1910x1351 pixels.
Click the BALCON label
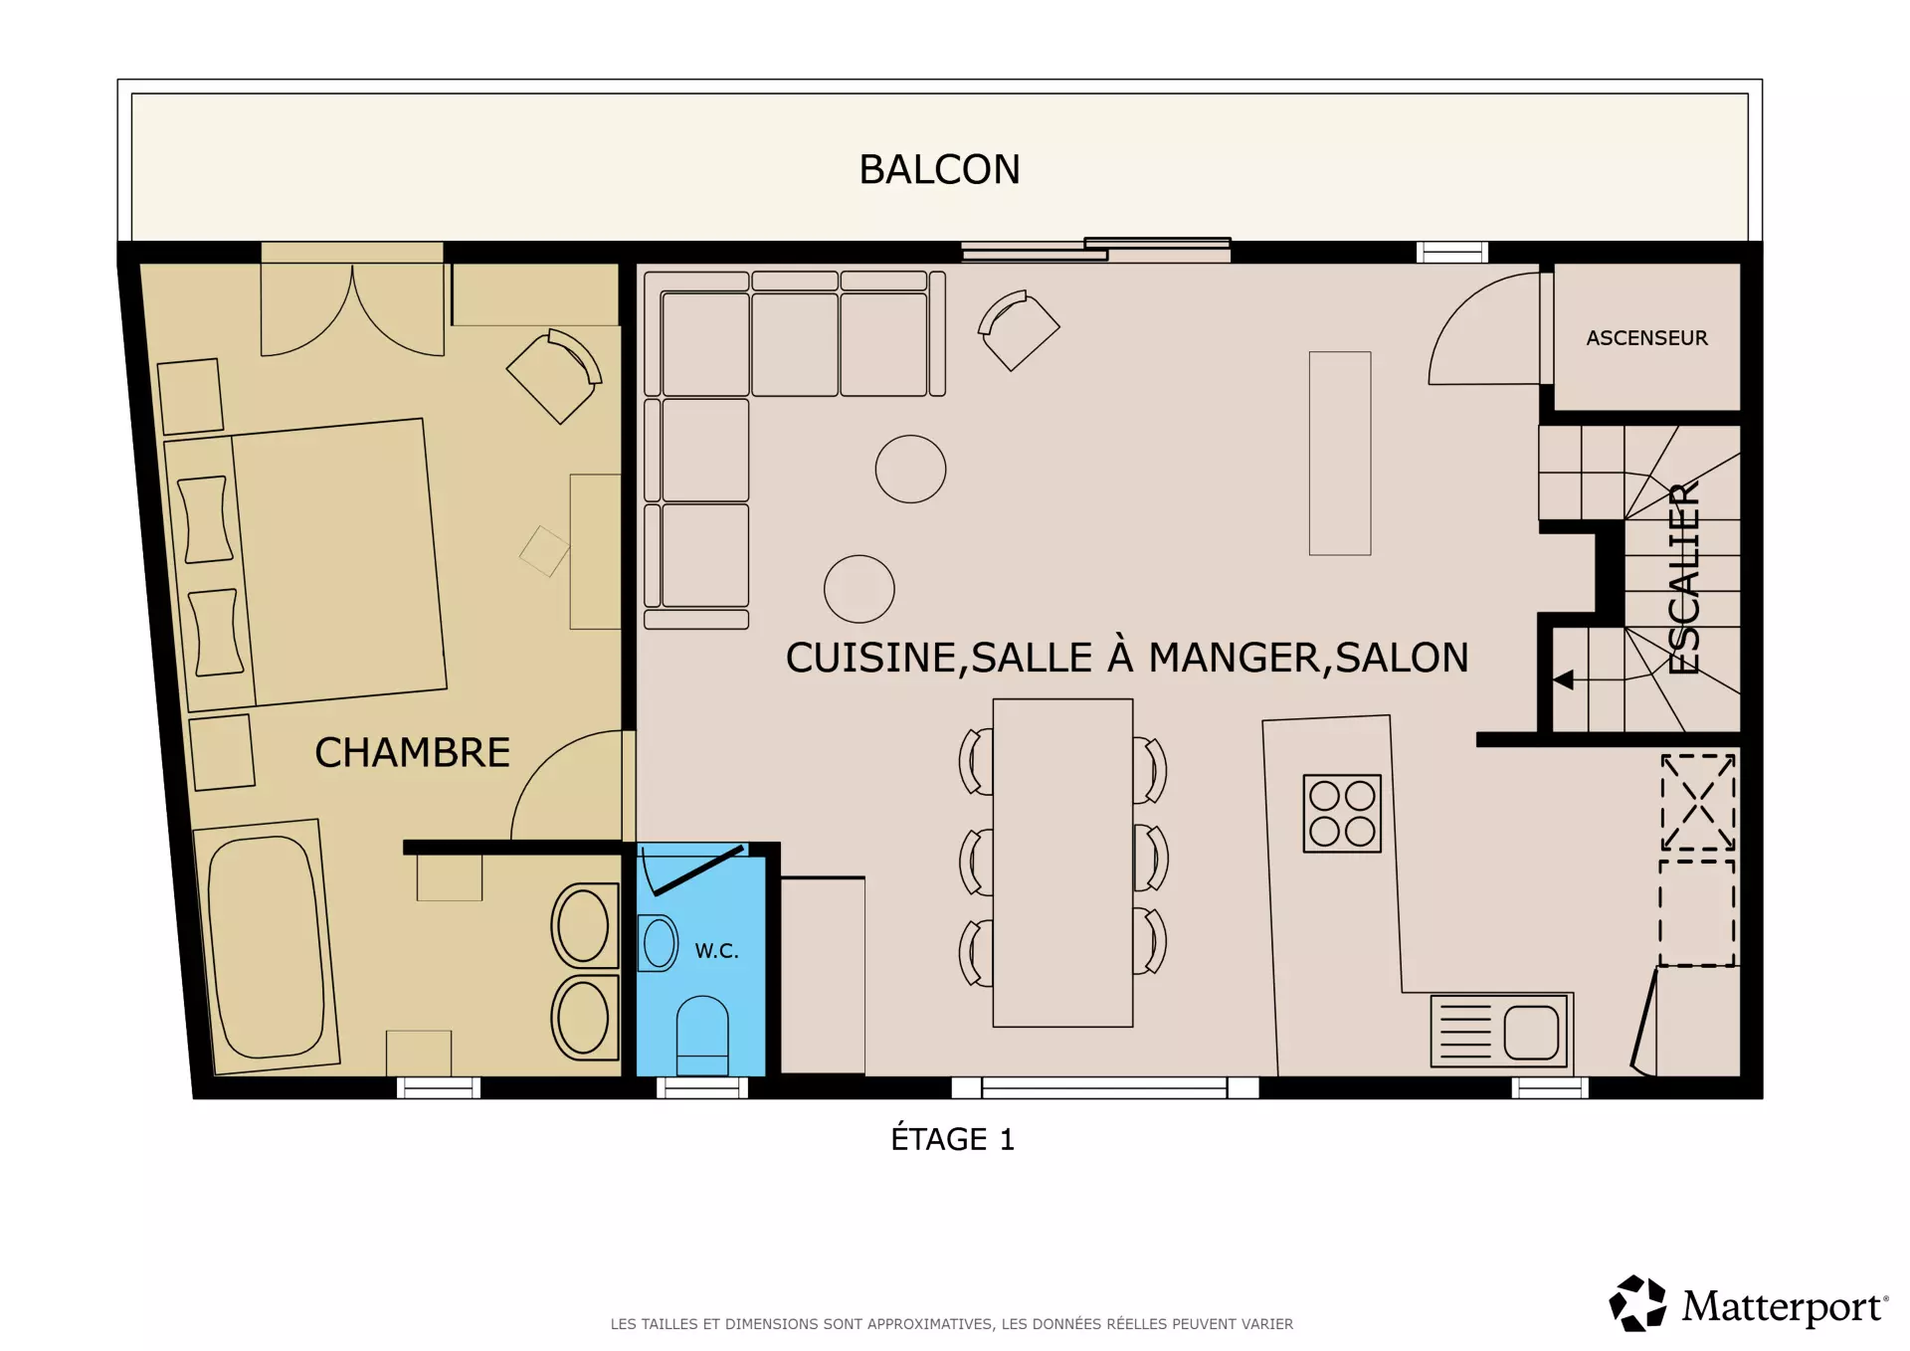click(x=939, y=170)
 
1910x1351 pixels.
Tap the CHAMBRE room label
click(x=412, y=753)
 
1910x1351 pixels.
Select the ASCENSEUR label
click(x=1646, y=338)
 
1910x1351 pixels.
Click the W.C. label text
click(x=716, y=951)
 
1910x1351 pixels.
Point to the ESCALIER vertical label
click(x=1683, y=578)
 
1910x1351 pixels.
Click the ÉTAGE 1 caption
click(x=952, y=1139)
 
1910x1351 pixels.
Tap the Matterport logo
click(x=1748, y=1303)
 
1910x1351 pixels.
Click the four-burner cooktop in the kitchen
click(x=1342, y=814)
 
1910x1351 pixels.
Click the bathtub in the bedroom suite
click(x=266, y=947)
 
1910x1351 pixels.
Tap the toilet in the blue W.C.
click(x=702, y=1036)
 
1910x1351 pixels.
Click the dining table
click(x=1062, y=863)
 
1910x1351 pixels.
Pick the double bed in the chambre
click(x=305, y=564)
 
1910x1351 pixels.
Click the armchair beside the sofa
click(x=1019, y=330)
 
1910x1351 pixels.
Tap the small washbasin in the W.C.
click(x=657, y=942)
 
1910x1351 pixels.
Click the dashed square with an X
click(x=1698, y=802)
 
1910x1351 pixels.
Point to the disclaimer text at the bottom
click(x=951, y=1324)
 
